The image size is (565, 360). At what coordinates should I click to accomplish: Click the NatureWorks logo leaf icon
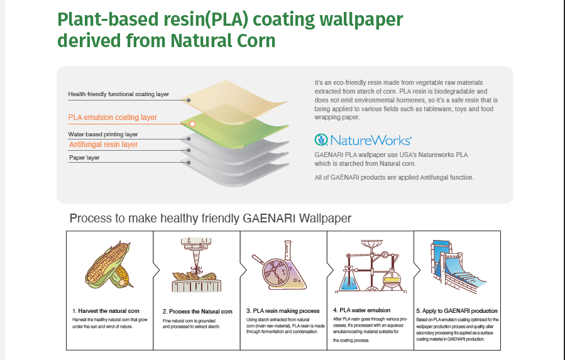click(x=321, y=139)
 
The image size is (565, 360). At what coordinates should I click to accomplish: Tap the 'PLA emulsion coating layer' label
click(x=112, y=117)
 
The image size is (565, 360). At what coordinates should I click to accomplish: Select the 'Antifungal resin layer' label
click(x=103, y=145)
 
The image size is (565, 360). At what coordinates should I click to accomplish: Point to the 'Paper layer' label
click(x=84, y=158)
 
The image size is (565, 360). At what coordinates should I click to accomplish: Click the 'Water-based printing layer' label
click(x=102, y=134)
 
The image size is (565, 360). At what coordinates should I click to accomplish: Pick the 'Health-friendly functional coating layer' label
click(x=118, y=94)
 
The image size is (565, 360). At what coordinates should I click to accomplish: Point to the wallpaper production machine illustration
click(x=456, y=267)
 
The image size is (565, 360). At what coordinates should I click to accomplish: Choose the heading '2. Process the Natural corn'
click(x=197, y=312)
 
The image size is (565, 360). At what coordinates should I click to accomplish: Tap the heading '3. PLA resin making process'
click(x=283, y=311)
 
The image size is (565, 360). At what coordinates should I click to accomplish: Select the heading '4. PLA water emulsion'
click(x=361, y=310)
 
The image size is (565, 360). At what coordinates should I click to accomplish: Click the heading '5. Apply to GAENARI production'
click(x=457, y=311)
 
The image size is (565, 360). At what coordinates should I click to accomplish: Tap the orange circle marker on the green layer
click(x=193, y=124)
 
